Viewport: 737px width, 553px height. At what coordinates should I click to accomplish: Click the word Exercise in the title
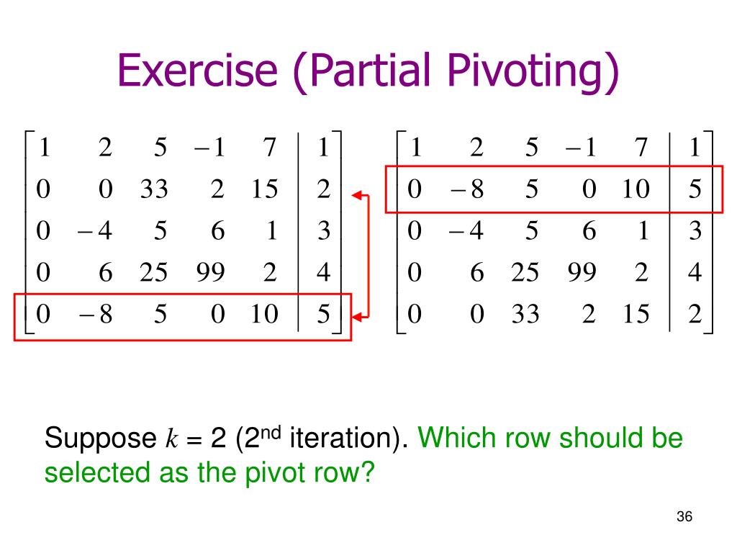[197, 73]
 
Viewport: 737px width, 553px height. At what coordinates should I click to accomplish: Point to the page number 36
[684, 517]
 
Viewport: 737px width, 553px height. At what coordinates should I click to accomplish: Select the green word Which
[454, 438]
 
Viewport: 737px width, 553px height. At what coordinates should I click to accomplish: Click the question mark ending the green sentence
[369, 473]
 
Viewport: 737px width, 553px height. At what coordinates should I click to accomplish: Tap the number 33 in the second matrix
[525, 315]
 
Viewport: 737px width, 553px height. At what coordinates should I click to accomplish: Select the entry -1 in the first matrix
[209, 148]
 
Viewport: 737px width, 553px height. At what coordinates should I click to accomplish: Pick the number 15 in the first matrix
[264, 189]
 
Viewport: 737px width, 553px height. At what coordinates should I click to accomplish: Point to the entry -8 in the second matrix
[468, 189]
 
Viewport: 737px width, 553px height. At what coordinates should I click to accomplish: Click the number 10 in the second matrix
[635, 189]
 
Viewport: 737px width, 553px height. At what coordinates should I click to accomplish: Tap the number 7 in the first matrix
[270, 148]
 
